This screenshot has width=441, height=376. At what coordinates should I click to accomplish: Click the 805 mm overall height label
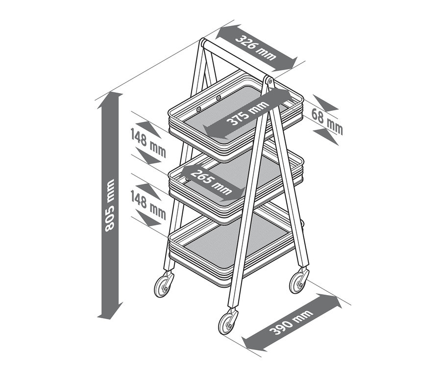tap(110, 205)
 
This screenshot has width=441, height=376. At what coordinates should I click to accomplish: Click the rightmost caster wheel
tap(298, 282)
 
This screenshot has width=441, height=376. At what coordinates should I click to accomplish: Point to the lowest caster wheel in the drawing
tap(227, 324)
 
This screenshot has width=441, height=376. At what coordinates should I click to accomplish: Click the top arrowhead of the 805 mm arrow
tap(110, 100)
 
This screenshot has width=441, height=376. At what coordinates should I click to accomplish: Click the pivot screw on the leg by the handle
tap(270, 81)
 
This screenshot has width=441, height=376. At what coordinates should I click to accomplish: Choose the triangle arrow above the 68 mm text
tap(326, 103)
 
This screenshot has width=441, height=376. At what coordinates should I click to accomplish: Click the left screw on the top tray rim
tap(199, 109)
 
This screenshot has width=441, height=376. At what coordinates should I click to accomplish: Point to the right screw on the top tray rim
tap(219, 98)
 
